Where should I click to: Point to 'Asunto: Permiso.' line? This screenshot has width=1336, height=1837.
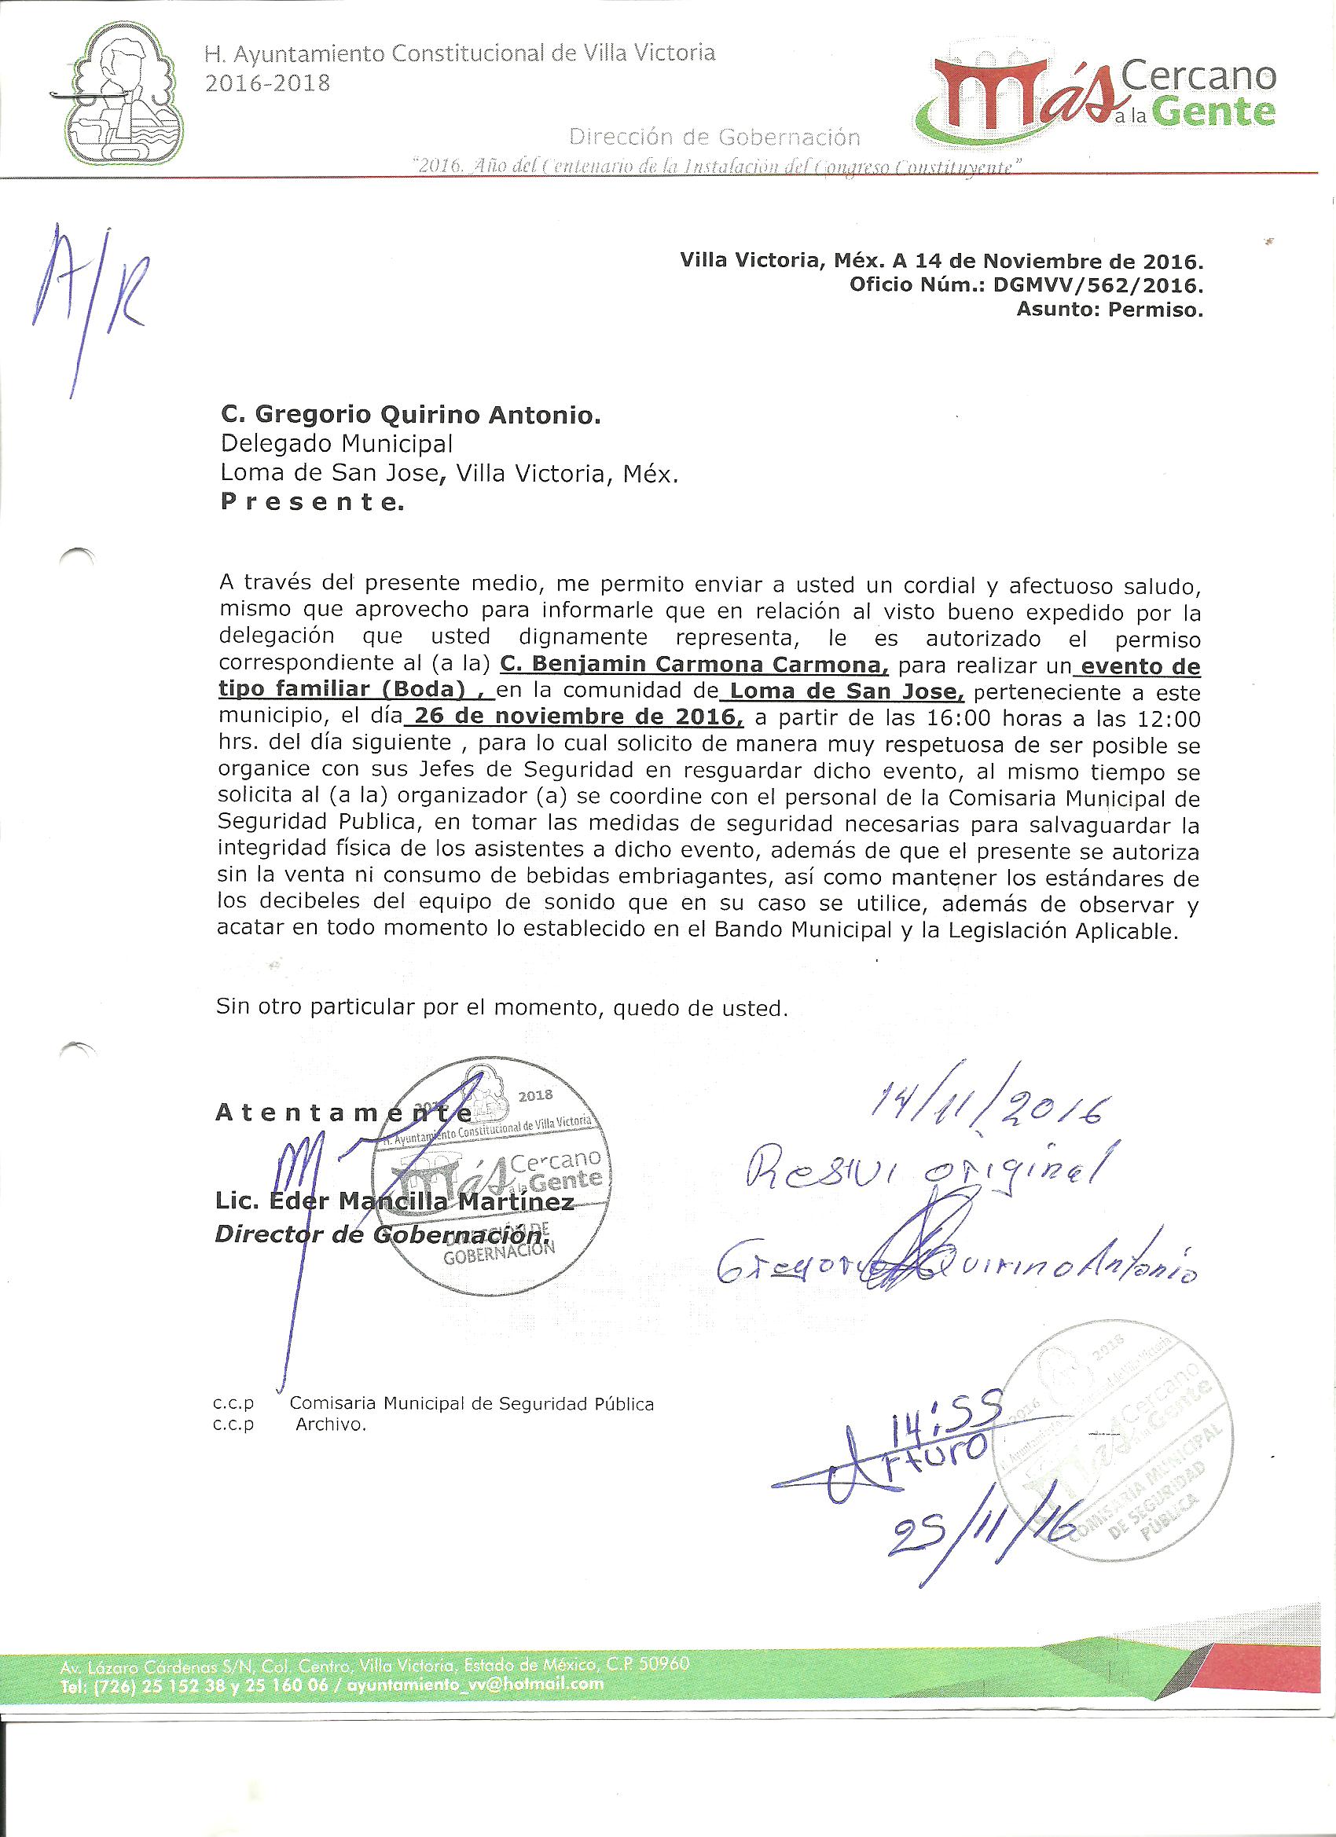1109,310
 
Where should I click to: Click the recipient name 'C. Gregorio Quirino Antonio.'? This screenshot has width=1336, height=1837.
411,416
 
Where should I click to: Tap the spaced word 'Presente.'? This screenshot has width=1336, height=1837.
311,503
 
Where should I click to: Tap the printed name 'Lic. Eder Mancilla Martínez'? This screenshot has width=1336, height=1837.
394,1201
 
